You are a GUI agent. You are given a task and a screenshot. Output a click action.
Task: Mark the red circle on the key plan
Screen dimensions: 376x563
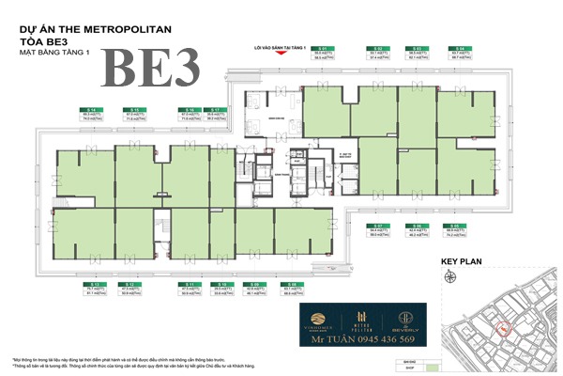[x=503, y=328]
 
